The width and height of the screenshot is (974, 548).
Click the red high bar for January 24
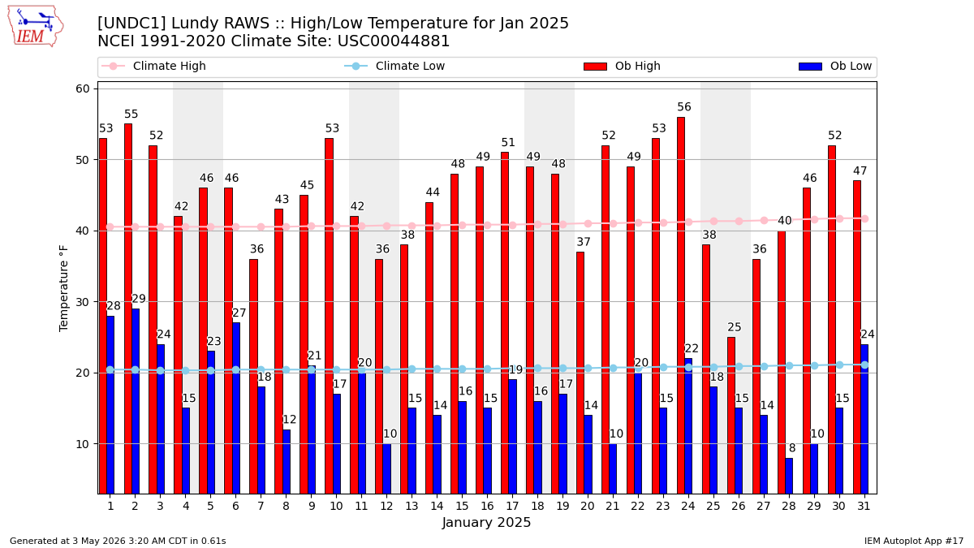pyautogui.click(x=680, y=305)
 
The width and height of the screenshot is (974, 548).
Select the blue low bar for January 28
pyautogui.click(x=789, y=476)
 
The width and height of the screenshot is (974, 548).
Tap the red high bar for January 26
pyautogui.click(x=731, y=416)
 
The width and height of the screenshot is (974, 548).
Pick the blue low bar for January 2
pyautogui.click(x=136, y=401)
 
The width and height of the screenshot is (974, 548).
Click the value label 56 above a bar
pyautogui.click(x=684, y=107)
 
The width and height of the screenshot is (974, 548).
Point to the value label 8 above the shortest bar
pyautogui.click(x=792, y=448)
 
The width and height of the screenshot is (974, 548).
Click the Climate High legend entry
pyautogui.click(x=153, y=66)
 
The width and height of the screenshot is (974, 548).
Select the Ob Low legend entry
pyautogui.click(x=835, y=66)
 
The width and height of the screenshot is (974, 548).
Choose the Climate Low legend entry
pyautogui.click(x=394, y=66)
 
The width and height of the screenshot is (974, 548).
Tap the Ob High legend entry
pyautogui.click(x=623, y=66)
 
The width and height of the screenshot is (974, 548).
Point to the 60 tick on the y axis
pyautogui.click(x=83, y=88)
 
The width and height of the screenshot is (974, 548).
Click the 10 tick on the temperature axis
pyautogui.click(x=83, y=444)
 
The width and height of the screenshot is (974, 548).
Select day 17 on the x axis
pyautogui.click(x=512, y=507)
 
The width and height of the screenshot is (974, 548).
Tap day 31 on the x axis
pyautogui.click(x=864, y=507)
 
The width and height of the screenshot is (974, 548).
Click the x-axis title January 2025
pyautogui.click(x=486, y=522)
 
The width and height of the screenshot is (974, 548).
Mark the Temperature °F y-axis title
pyautogui.click(x=63, y=289)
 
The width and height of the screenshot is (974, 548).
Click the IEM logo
pyautogui.click(x=36, y=27)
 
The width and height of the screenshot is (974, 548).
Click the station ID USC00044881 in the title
pyautogui.click(x=394, y=41)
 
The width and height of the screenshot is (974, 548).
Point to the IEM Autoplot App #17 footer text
pyautogui.click(x=914, y=541)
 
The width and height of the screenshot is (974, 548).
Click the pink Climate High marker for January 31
pyautogui.click(x=865, y=218)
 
